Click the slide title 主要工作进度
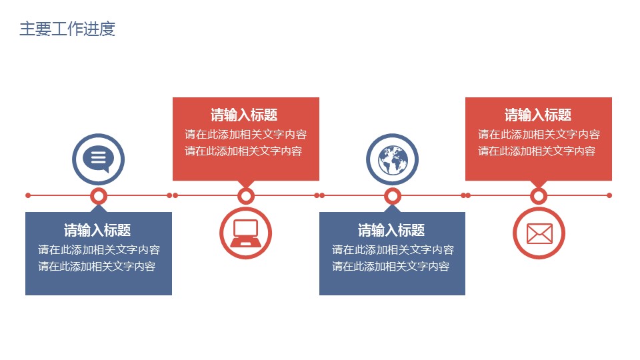click(67, 29)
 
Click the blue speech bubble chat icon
click(99, 159)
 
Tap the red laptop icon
click(245, 233)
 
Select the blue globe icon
click(393, 159)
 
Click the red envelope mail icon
click(539, 233)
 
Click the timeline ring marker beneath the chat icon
click(99, 195)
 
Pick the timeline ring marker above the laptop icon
click(246, 195)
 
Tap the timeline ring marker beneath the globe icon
click(393, 195)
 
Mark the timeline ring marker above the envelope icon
click(539, 195)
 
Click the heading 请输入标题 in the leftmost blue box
click(97, 231)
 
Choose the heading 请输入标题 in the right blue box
click(391, 231)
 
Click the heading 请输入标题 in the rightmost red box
click(538, 115)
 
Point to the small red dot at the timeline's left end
click(28, 195)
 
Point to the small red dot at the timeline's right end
click(609, 195)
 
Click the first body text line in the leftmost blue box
click(99, 250)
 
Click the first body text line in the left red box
click(246, 135)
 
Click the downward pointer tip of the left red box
click(246, 186)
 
